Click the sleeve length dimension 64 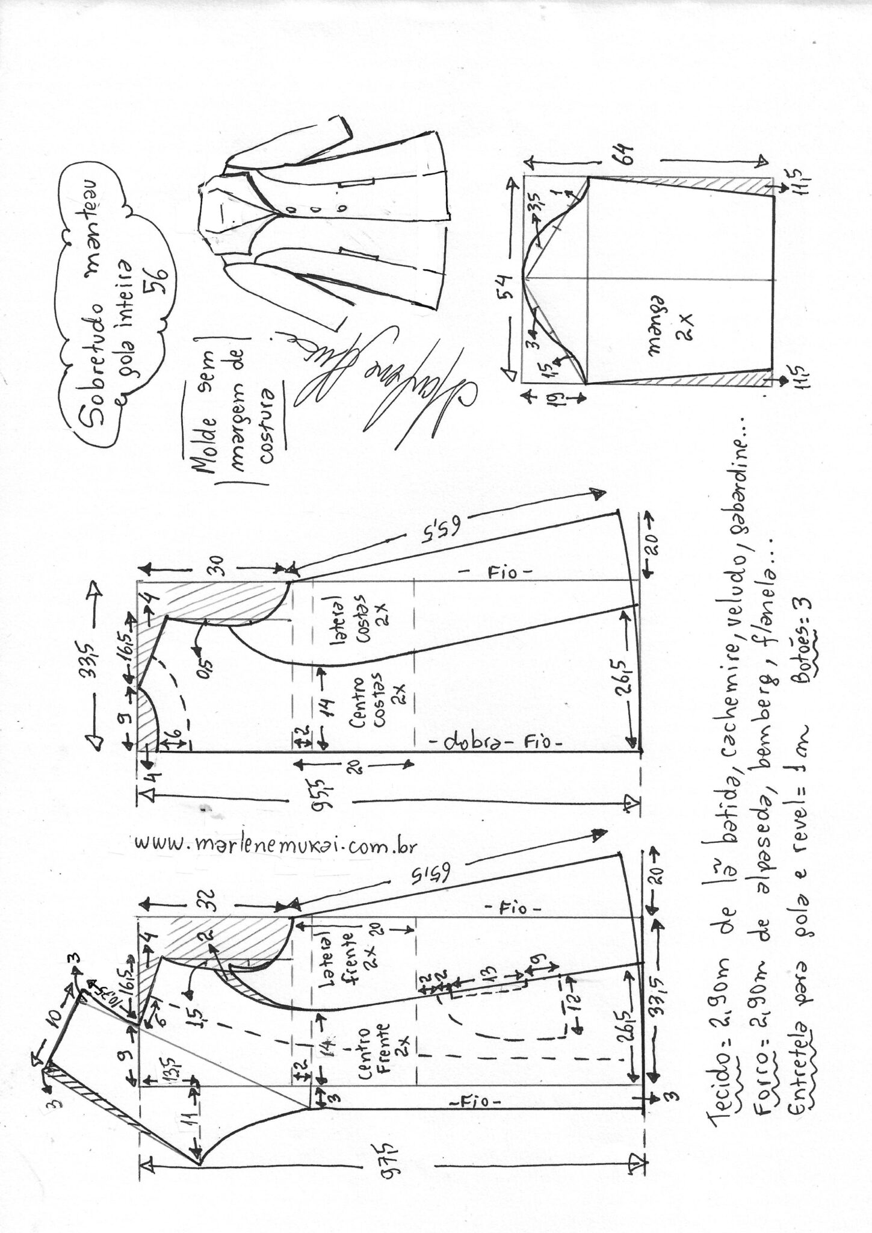pos(627,158)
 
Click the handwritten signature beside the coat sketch pos(385,385)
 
